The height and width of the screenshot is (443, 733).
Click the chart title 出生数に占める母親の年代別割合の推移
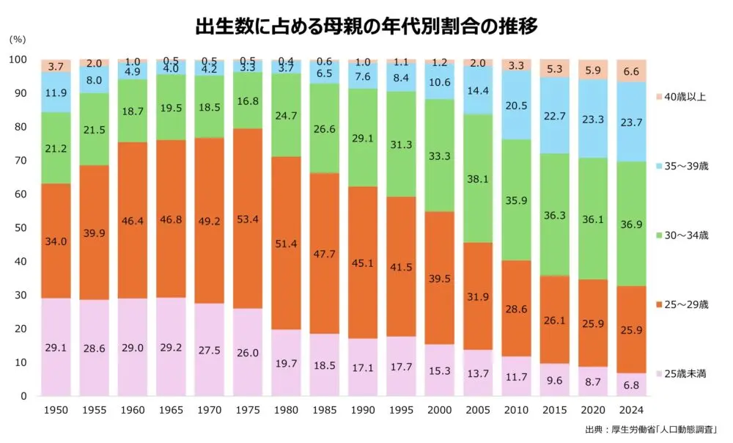click(x=366, y=27)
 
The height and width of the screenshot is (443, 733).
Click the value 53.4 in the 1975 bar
click(x=247, y=218)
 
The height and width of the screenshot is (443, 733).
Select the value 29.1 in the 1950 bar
click(x=56, y=348)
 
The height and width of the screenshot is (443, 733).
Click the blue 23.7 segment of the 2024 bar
click(x=630, y=110)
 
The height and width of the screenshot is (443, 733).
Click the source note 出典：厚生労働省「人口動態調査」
click(x=649, y=429)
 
